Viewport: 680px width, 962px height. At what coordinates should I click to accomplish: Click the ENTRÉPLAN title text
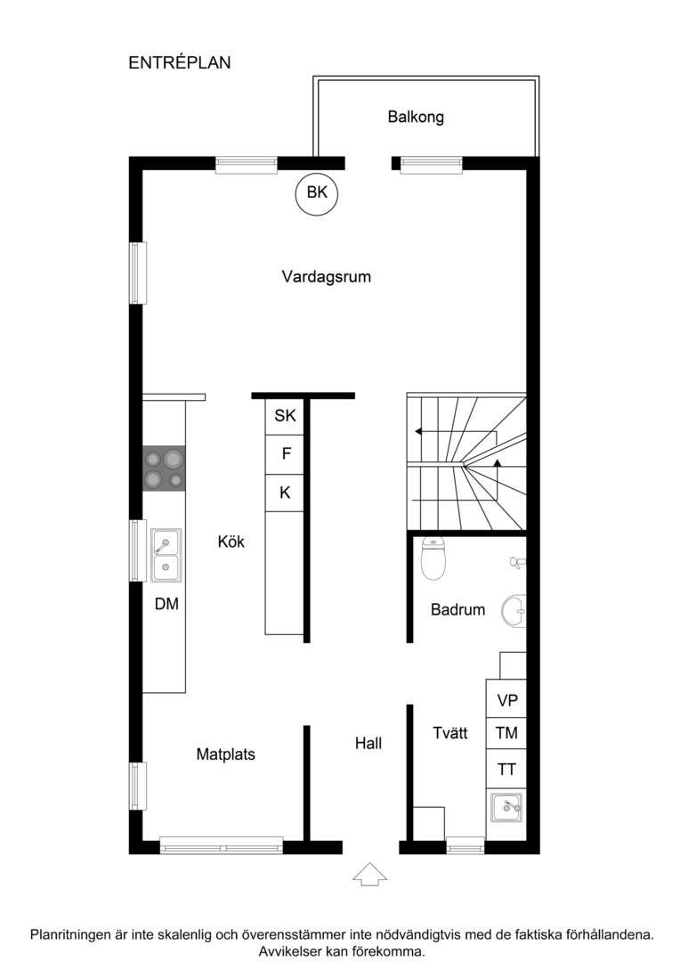point(180,62)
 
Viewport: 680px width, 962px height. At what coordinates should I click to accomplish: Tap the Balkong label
point(416,117)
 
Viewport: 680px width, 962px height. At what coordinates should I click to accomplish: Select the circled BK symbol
point(317,192)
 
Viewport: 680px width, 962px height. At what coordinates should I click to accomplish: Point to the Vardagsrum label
point(326,277)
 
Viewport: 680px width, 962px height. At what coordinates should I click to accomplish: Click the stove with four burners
point(165,469)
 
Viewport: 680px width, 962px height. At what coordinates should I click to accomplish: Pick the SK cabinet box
point(285,415)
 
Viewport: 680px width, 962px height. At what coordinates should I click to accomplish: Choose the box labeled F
point(286,454)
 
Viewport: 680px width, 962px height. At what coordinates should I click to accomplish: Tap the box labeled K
point(286,493)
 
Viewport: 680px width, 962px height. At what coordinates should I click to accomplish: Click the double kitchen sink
point(166,554)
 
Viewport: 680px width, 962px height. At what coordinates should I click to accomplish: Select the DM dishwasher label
point(166,604)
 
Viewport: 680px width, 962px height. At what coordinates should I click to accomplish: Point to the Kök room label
point(231,542)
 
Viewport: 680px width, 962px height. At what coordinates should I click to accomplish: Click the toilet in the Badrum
point(433,558)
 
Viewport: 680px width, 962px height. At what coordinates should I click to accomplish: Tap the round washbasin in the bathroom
point(514,611)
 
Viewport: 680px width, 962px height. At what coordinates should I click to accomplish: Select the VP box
point(507,701)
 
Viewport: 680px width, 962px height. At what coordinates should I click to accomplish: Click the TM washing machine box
point(507,734)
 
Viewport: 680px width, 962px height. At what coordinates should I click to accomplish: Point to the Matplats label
point(225,754)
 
